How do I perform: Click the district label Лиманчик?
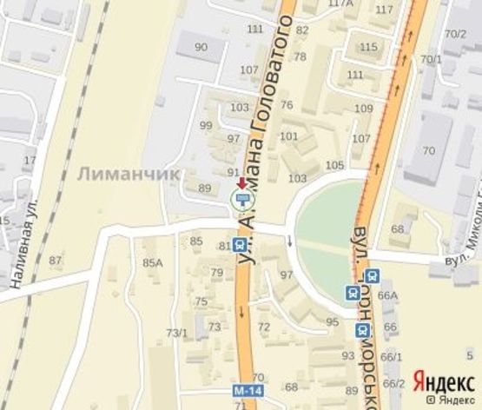[129, 174]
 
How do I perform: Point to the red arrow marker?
[241, 182]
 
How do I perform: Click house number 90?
[201, 47]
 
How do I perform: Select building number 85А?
[153, 262]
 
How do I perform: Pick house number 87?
[56, 261]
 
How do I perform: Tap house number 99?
[206, 125]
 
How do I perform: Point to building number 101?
[289, 136]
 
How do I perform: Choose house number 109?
[363, 108]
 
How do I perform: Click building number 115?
[368, 47]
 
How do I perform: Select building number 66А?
[386, 295]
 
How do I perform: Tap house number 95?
[333, 321]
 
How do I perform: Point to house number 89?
[205, 188]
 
